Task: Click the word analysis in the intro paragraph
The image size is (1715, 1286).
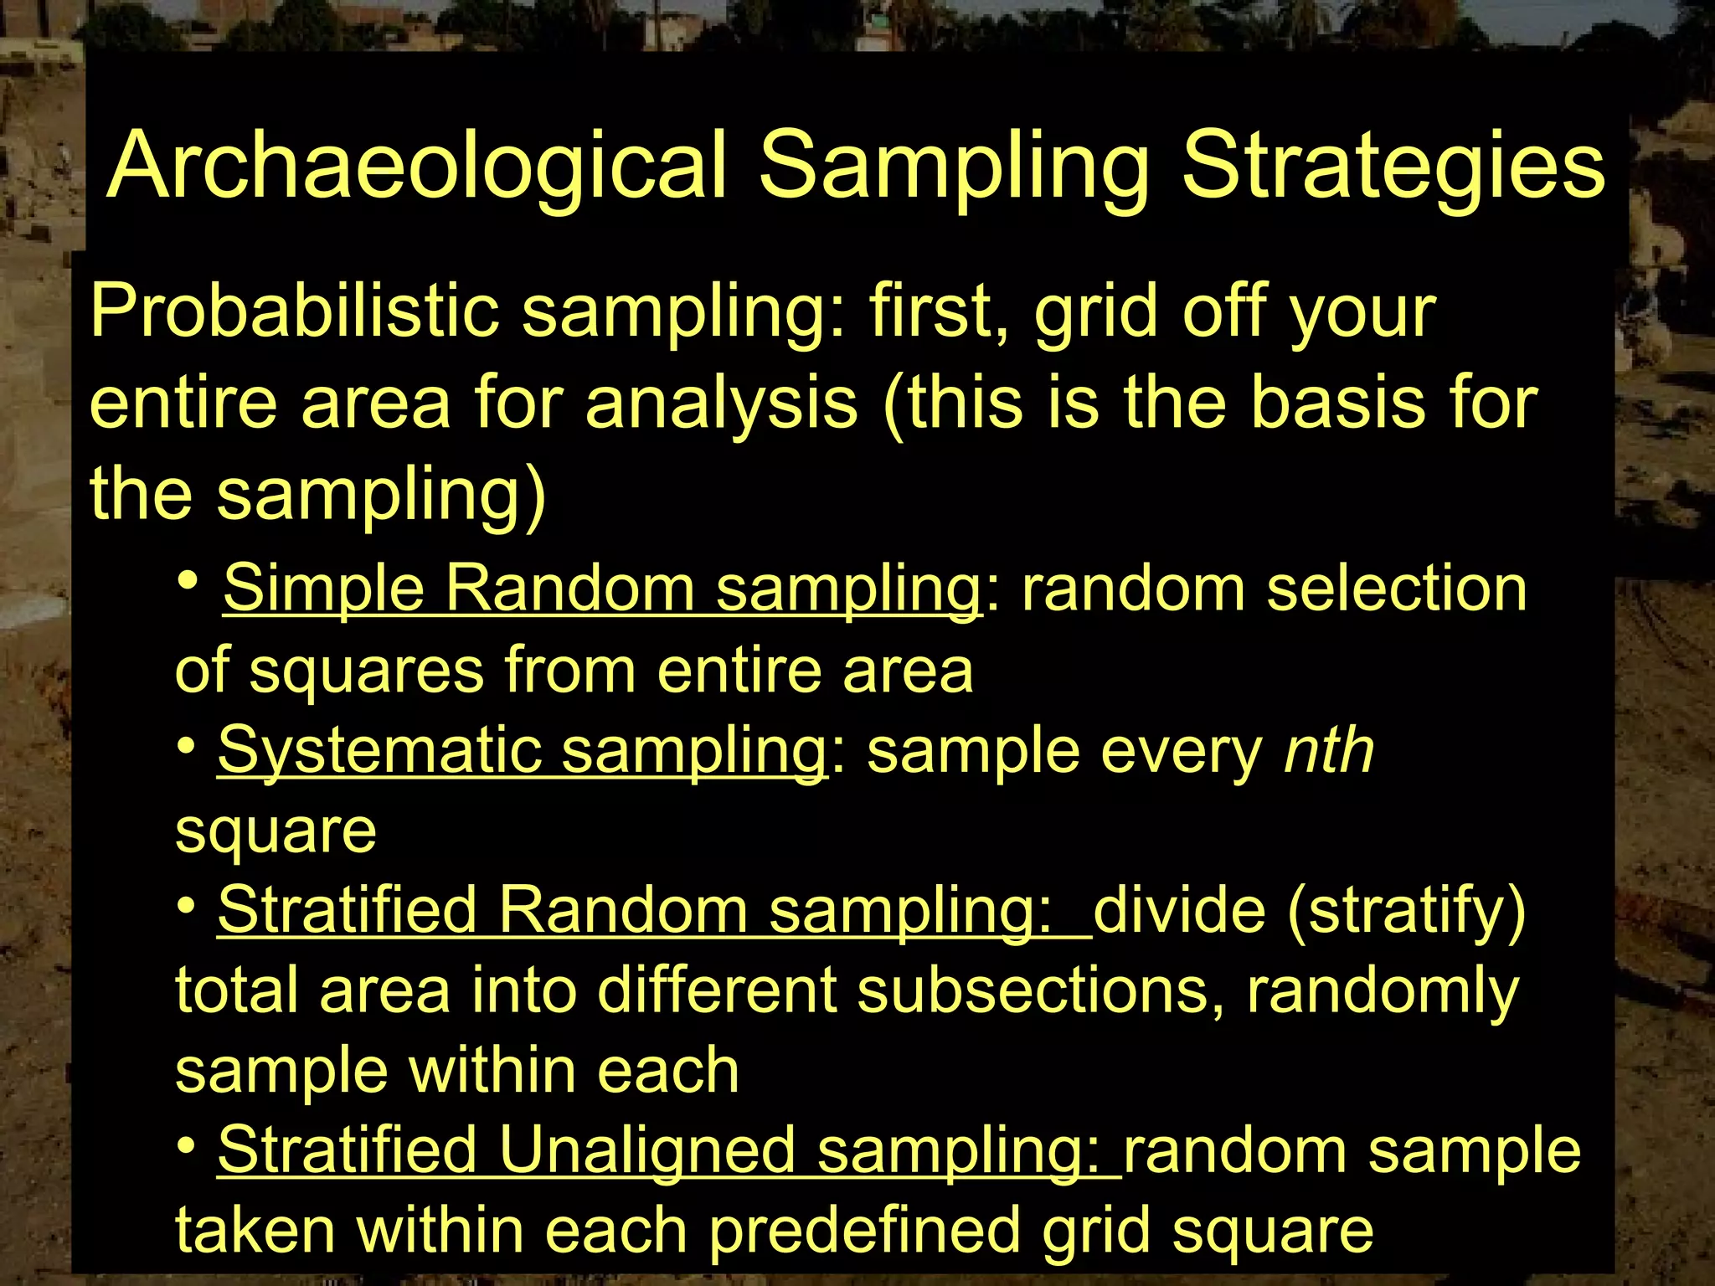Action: click(x=721, y=403)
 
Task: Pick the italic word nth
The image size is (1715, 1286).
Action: click(x=1329, y=749)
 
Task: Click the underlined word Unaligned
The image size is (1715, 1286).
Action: click(x=646, y=1150)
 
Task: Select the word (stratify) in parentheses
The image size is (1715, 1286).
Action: click(x=1407, y=910)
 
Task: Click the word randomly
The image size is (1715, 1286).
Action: click(x=1383, y=990)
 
